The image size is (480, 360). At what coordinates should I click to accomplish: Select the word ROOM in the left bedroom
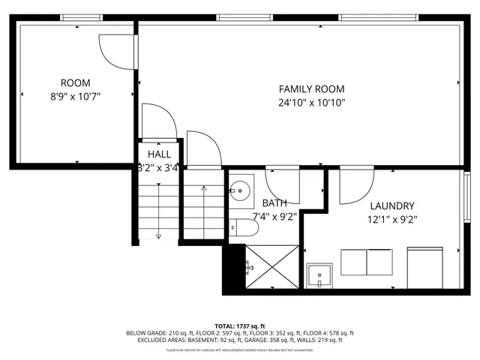[x=75, y=82]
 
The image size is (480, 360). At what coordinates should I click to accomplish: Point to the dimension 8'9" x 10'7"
[x=75, y=96]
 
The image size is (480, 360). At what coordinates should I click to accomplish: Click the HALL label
[x=158, y=154]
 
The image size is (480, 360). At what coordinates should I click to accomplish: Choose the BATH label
[x=274, y=203]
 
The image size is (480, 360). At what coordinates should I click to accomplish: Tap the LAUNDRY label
[x=391, y=205]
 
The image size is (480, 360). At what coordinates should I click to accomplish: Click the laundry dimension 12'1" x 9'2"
[x=391, y=220]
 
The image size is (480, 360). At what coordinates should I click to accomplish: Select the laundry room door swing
[x=356, y=187]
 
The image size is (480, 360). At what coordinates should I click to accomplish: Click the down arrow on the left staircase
[x=158, y=234]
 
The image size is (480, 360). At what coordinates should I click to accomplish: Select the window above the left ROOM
[x=81, y=17]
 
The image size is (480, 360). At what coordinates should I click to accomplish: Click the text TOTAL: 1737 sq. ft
[x=240, y=325]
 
